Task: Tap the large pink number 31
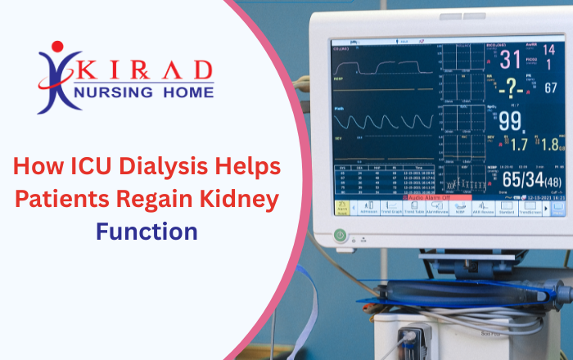click(x=509, y=60)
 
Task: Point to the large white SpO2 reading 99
click(x=510, y=122)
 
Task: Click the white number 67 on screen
click(x=551, y=88)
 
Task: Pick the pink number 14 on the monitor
click(x=549, y=50)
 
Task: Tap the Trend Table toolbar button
click(x=413, y=209)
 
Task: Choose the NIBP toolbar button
click(x=460, y=209)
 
